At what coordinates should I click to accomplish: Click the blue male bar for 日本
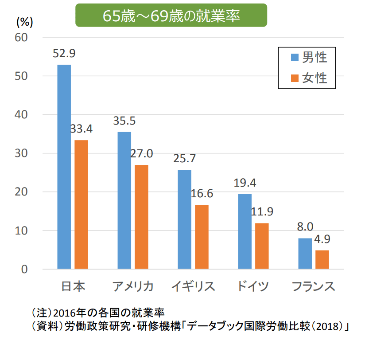[x=64, y=167]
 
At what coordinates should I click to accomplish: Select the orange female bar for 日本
[x=81, y=204]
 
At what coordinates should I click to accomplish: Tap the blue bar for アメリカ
[x=124, y=200]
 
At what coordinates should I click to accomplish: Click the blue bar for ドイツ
[x=245, y=231]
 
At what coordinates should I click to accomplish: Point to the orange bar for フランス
[x=322, y=259]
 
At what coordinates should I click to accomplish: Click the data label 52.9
[x=64, y=54]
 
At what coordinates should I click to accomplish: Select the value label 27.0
[x=141, y=154]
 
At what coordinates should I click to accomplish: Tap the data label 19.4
[x=245, y=183]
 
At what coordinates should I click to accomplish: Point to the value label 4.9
[x=322, y=239]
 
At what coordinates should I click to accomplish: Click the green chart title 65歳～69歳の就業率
[x=171, y=16]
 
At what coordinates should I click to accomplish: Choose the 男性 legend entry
[x=309, y=57]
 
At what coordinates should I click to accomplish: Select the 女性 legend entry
[x=309, y=78]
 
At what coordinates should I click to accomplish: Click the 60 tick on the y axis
[x=22, y=38]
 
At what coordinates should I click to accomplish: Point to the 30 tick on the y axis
[x=22, y=153]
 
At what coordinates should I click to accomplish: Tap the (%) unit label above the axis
[x=25, y=21]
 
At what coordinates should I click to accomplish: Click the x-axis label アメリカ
[x=132, y=286]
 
